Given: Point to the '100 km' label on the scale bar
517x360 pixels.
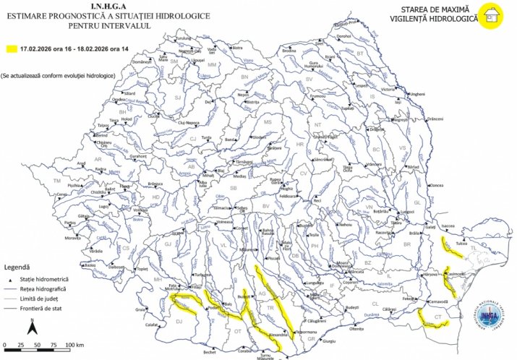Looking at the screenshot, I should coord(75,344).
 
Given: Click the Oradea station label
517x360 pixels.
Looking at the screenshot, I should coord(119,100).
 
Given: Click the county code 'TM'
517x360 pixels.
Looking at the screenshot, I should coord(56,181).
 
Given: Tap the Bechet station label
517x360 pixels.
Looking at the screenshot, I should coord(210,352).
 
